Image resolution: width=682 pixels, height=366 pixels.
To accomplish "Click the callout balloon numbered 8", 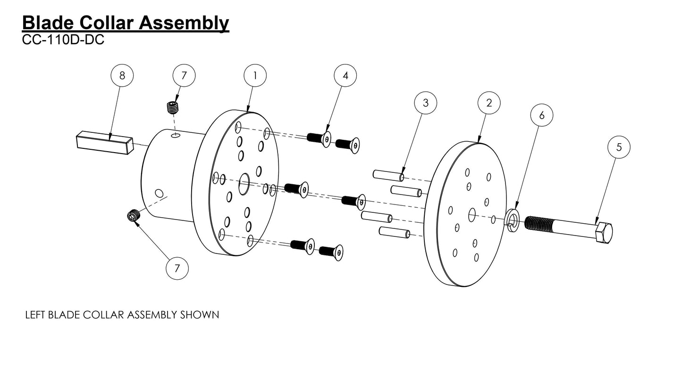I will [x=122, y=75].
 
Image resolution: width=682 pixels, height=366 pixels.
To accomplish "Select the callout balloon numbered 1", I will [x=255, y=75].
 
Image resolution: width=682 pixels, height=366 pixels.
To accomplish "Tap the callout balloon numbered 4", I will [x=345, y=75].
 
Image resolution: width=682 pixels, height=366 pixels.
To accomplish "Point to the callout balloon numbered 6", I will [x=541, y=115].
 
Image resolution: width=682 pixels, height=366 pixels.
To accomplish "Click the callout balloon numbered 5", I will [x=619, y=147].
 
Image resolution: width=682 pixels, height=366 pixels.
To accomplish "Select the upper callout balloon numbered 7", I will [x=184, y=75].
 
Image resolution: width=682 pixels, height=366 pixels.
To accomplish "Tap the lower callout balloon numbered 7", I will [x=177, y=268].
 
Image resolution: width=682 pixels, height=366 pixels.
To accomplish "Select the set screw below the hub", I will [x=134, y=215].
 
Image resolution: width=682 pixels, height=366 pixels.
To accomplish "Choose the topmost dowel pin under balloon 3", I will [x=387, y=175].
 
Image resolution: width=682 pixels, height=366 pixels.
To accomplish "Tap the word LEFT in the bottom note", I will [x=35, y=315].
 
